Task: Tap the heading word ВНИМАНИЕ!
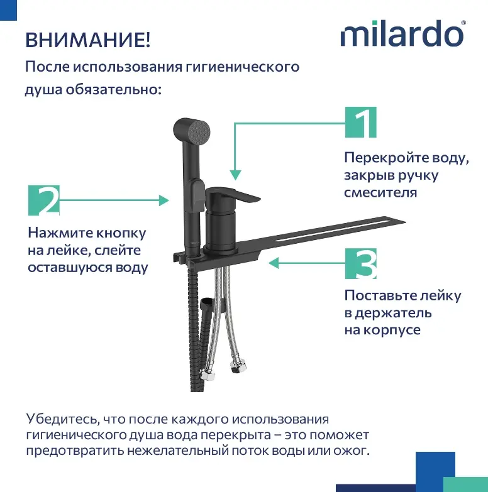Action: pos(87,40)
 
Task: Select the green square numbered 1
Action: pos(360,122)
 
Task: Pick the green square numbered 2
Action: pos(43,200)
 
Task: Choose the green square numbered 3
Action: pos(360,263)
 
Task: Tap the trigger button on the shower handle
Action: pos(197,191)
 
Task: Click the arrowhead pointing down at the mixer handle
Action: pos(235,175)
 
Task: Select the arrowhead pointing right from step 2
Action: pos(164,200)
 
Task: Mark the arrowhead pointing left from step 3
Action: pos(274,263)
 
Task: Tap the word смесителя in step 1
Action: pos(380,192)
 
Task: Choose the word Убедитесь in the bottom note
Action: pos(63,419)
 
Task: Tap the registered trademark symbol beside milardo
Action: pos(463,23)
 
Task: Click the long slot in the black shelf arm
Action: pos(332,232)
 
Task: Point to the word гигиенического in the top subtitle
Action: pos(242,67)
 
